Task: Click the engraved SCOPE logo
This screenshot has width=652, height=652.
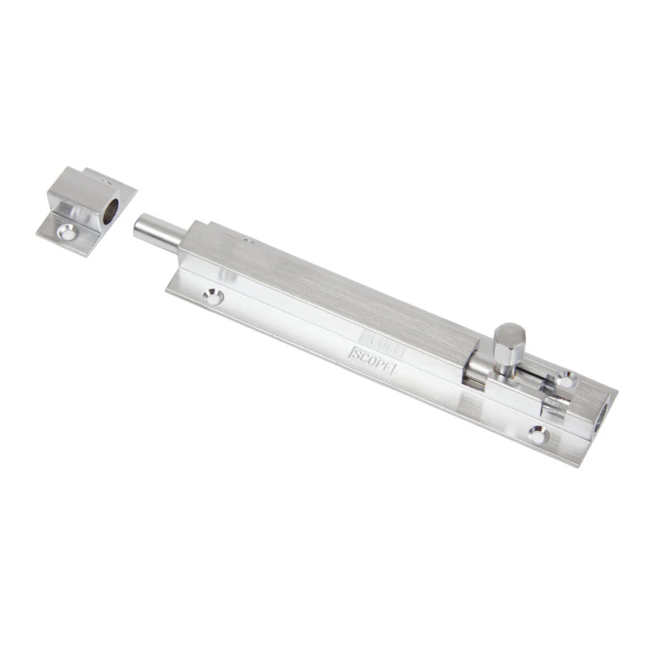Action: [372, 361]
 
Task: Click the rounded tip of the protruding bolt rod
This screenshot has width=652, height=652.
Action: [137, 225]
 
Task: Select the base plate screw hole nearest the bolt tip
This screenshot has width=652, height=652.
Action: [213, 297]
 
